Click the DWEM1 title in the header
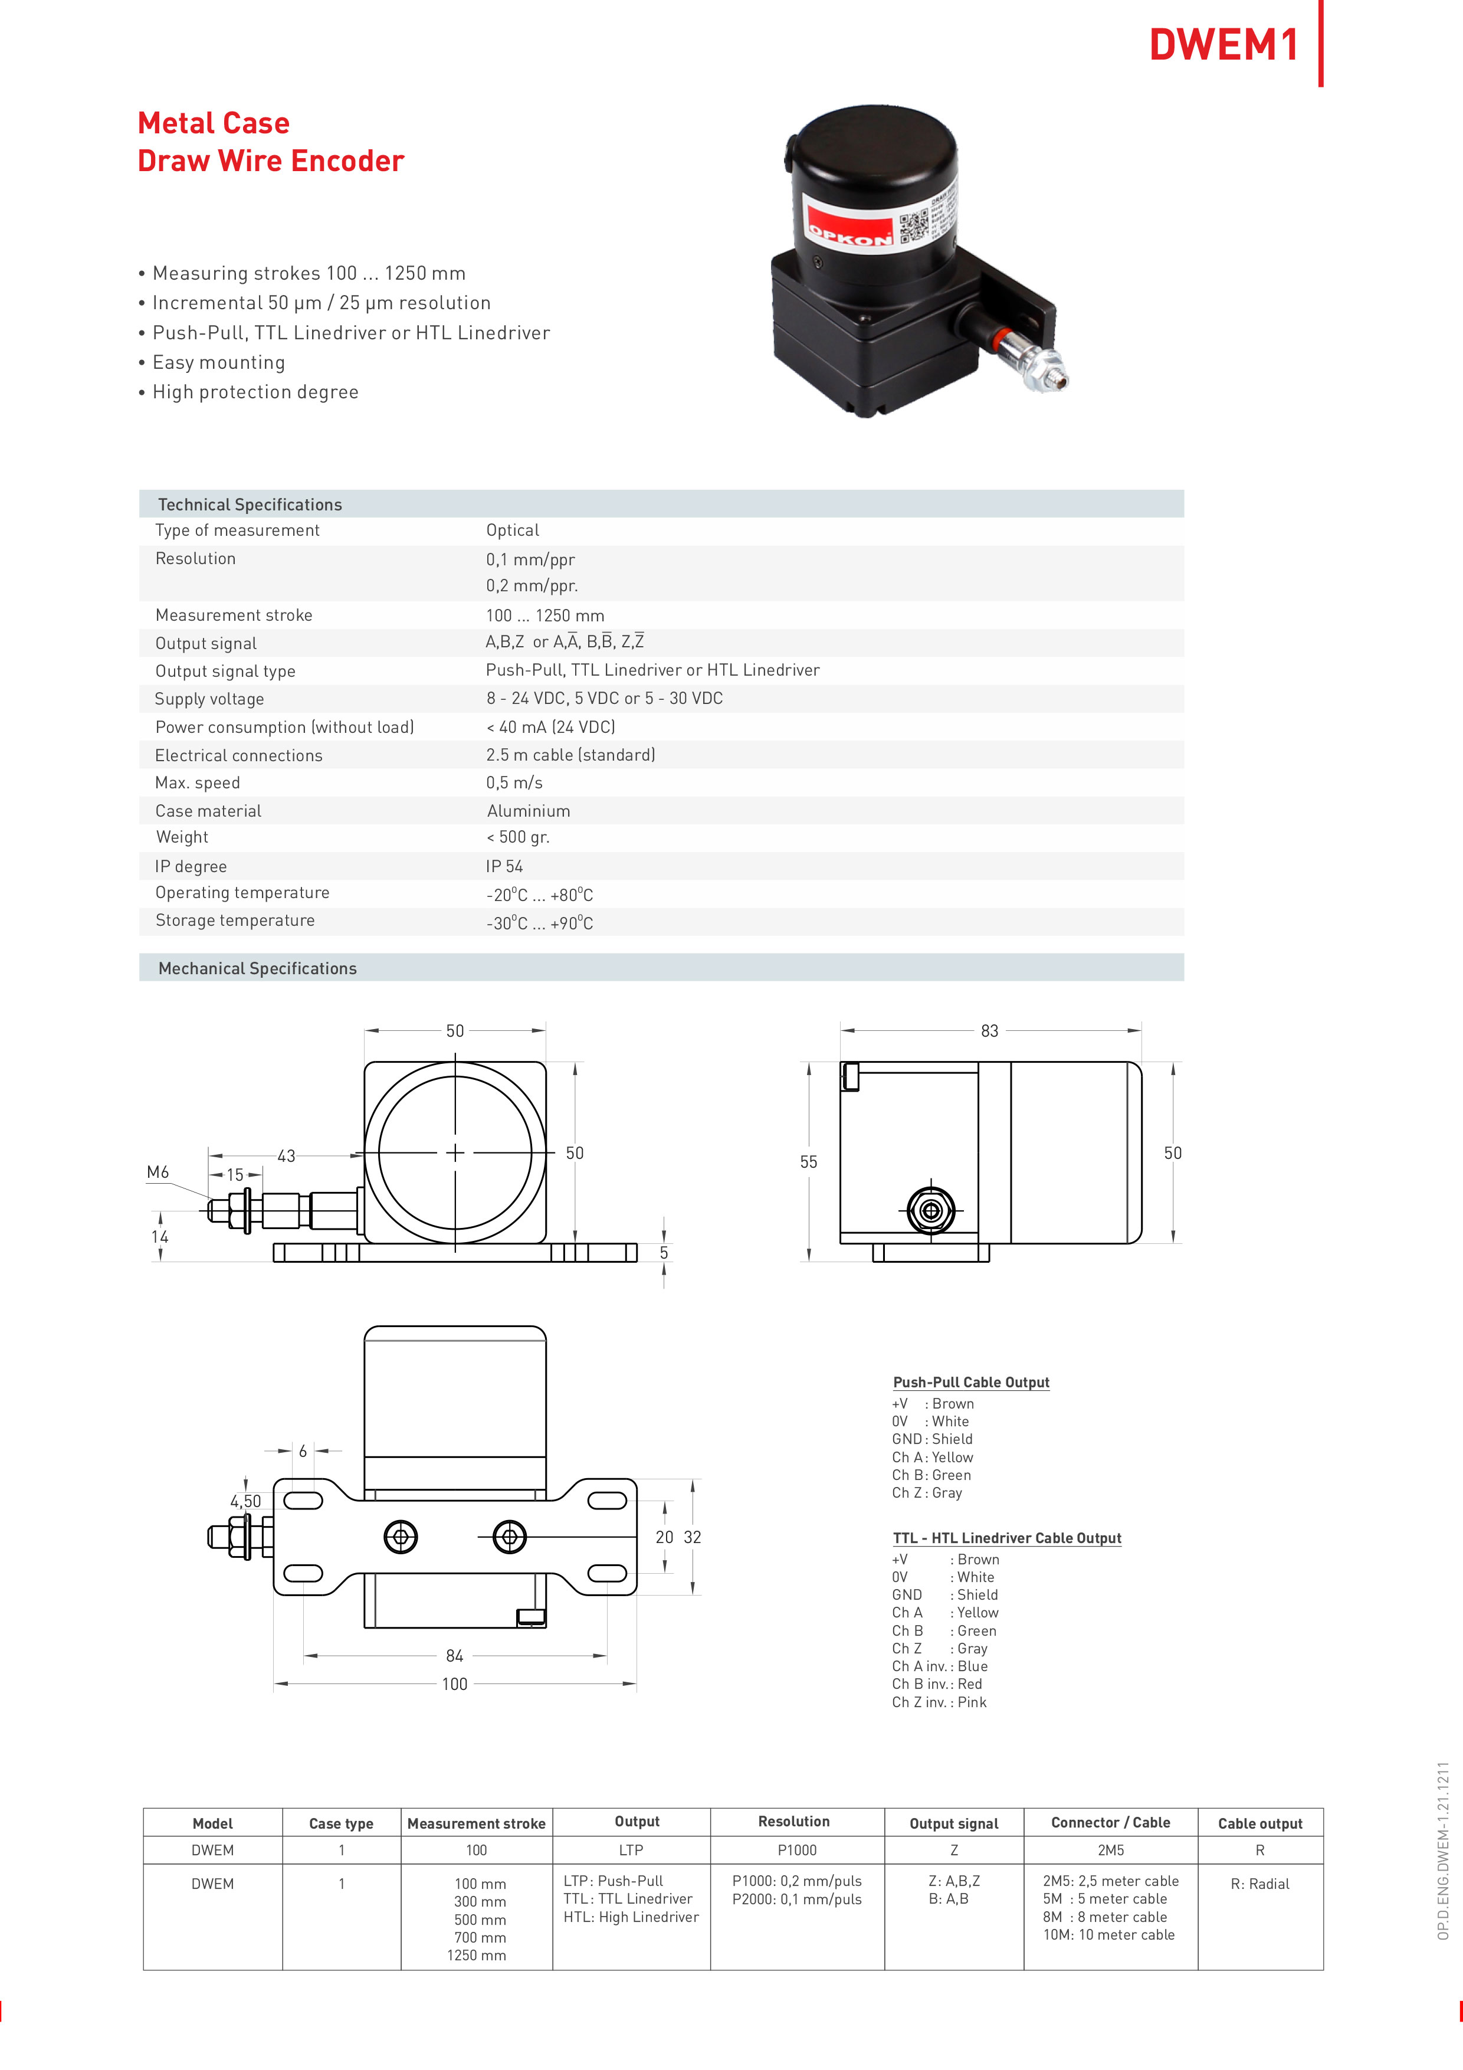[1223, 44]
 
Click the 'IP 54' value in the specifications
[505, 866]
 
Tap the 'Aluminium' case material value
[528, 811]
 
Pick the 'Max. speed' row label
[198, 782]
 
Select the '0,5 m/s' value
[515, 782]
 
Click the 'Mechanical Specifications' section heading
[258, 968]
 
